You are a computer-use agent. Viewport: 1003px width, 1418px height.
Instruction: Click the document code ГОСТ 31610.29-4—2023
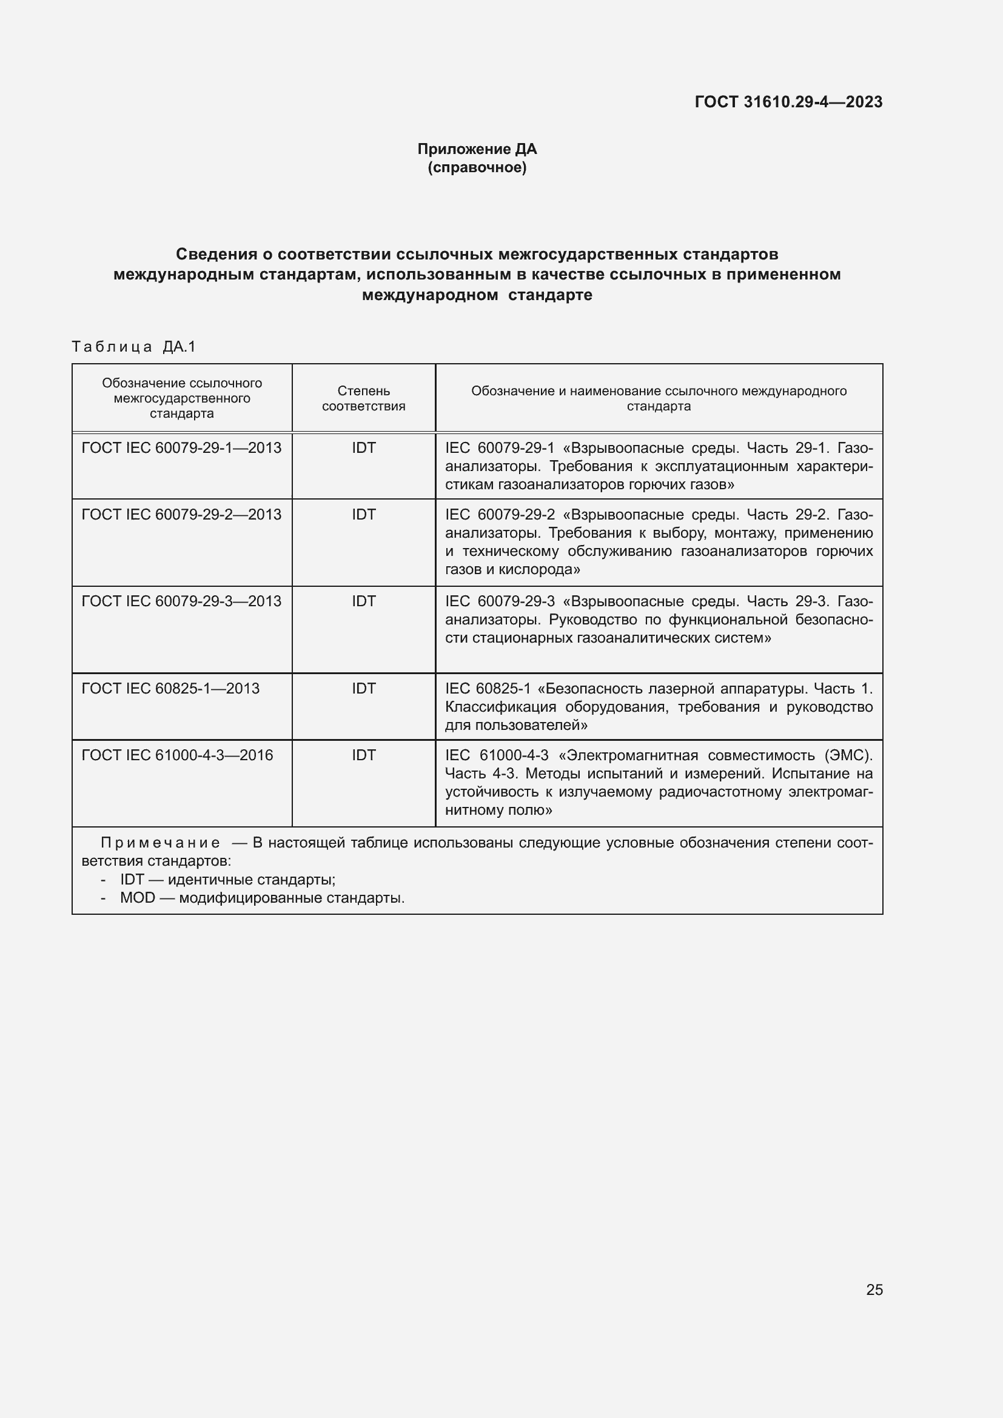point(788,102)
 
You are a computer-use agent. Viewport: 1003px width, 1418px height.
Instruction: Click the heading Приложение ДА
point(477,149)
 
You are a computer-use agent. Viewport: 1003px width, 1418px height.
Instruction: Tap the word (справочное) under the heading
point(477,167)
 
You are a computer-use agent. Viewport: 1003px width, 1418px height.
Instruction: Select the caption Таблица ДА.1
point(133,347)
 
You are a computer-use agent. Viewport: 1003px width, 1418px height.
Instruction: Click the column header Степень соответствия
point(363,398)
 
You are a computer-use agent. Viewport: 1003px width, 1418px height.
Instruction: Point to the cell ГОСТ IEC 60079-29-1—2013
point(181,448)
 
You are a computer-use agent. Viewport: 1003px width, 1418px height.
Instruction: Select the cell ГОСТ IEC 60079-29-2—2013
point(181,515)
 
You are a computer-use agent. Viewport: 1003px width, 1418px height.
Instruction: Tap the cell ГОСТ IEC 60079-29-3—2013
point(181,601)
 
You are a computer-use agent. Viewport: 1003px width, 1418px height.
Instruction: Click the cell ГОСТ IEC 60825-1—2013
point(170,688)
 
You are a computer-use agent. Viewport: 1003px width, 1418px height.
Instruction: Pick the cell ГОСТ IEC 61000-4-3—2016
point(177,755)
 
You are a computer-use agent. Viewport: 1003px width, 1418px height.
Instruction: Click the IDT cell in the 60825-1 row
point(363,688)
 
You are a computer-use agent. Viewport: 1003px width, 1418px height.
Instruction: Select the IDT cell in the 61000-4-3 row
point(363,755)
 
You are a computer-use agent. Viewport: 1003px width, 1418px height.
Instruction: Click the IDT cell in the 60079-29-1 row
point(363,448)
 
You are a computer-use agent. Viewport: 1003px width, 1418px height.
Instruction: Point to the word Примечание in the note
point(160,843)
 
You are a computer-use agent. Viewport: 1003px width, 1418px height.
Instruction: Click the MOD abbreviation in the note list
point(137,898)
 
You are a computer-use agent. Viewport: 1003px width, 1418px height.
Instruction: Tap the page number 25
point(874,1289)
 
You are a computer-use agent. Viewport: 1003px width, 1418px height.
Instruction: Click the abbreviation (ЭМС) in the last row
point(848,755)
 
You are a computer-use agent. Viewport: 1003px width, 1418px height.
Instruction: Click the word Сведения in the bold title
point(216,254)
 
